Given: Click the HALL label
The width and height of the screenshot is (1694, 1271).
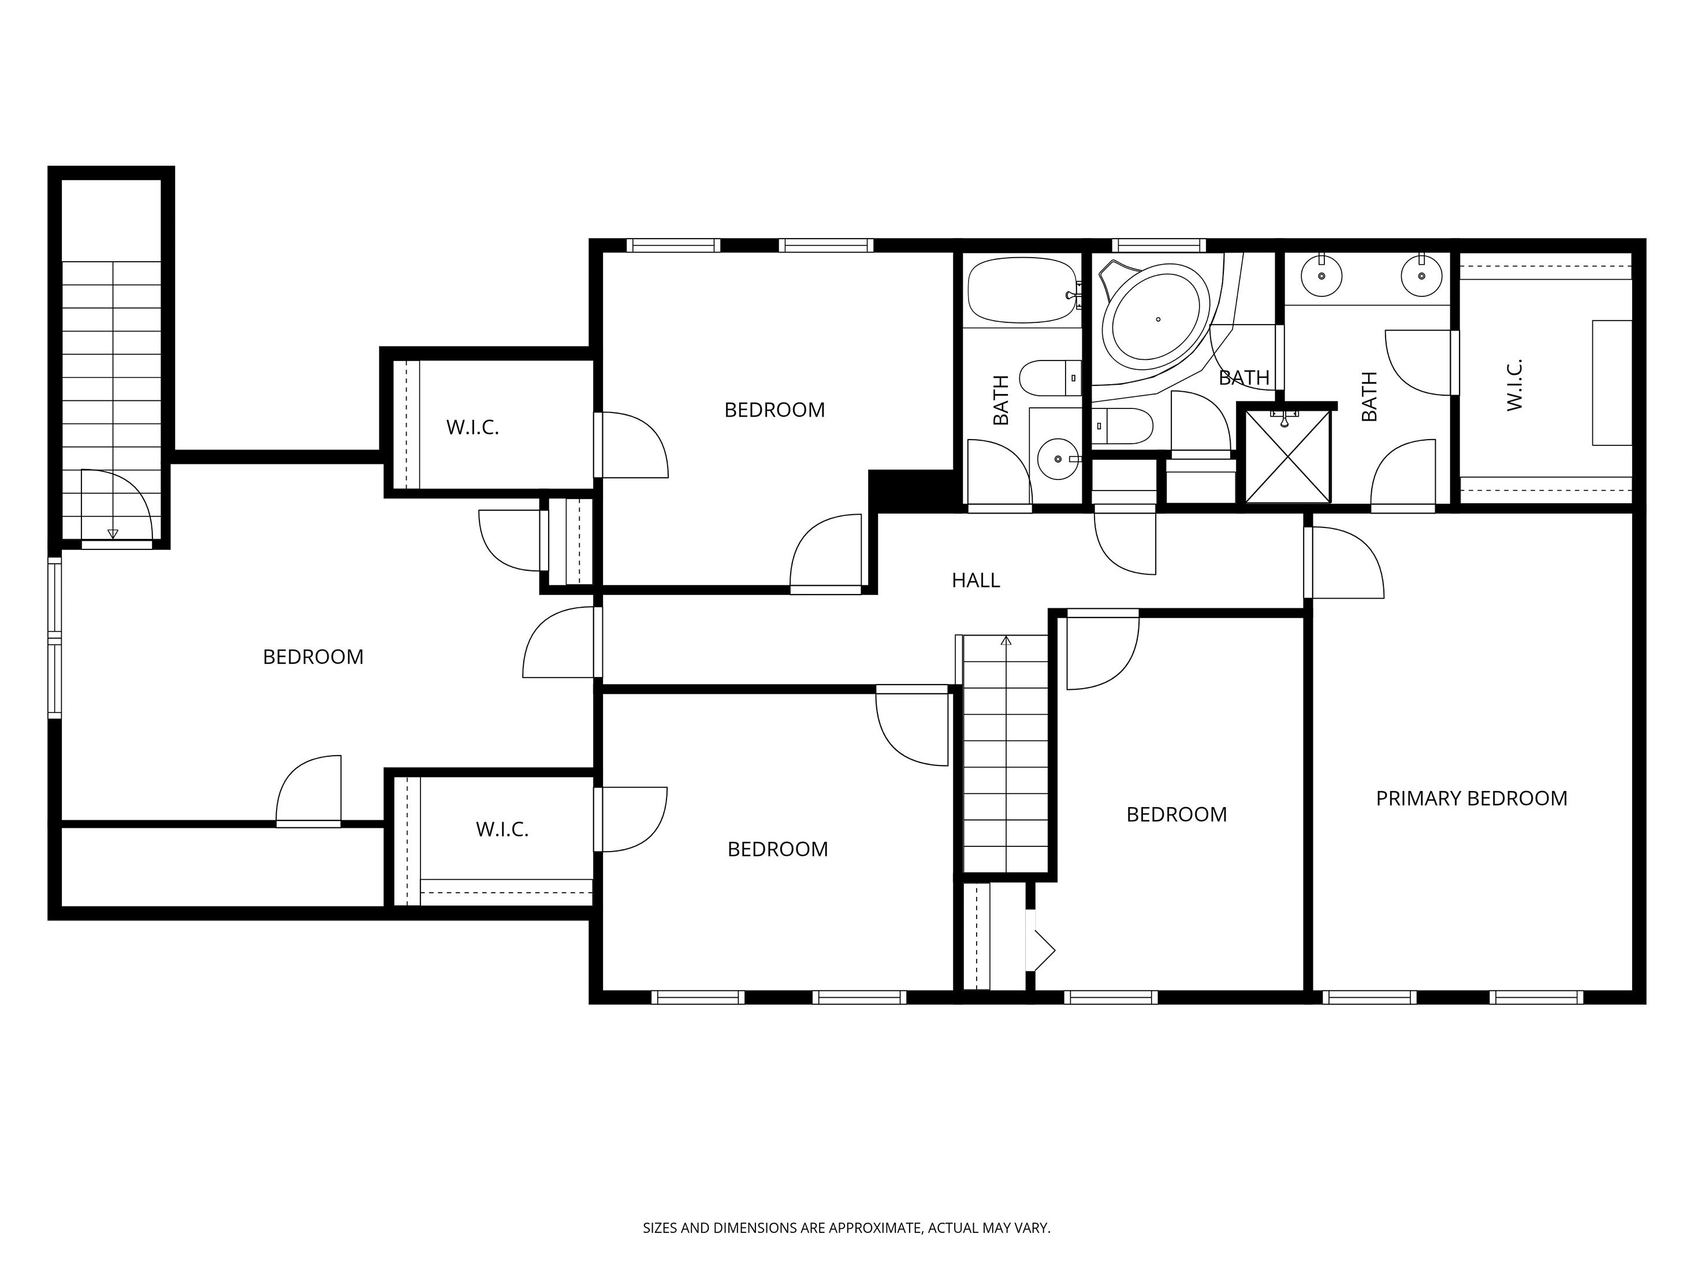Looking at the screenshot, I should point(975,581).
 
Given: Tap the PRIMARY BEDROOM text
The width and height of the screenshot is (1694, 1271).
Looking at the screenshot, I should point(1471,798).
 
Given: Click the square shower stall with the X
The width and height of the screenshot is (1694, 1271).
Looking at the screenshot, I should point(1288,456).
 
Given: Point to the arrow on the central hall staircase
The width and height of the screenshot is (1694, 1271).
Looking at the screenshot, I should point(1006,641).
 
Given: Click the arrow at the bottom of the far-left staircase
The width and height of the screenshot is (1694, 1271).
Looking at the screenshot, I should point(113,533).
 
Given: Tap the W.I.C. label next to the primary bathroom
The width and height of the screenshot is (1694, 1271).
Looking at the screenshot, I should point(1514,385).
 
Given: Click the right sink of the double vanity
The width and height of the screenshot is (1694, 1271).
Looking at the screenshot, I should point(1421,275).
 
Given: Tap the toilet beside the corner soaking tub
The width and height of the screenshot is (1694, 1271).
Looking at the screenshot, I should point(1123,426).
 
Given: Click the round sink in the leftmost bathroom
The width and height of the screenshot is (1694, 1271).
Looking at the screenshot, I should point(1058,459).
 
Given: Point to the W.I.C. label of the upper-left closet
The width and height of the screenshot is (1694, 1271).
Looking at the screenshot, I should point(472,428).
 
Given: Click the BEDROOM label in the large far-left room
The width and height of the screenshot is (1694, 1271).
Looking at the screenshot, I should point(312,656).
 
